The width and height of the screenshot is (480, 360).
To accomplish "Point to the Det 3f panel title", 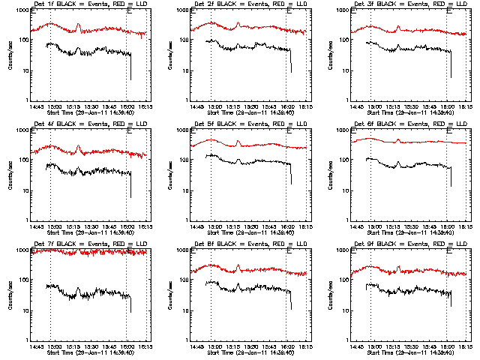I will (x=407, y=5).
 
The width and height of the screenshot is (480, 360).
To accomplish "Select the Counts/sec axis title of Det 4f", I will (x=10, y=175).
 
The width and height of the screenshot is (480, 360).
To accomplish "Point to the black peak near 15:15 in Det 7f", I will (x=79, y=289).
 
